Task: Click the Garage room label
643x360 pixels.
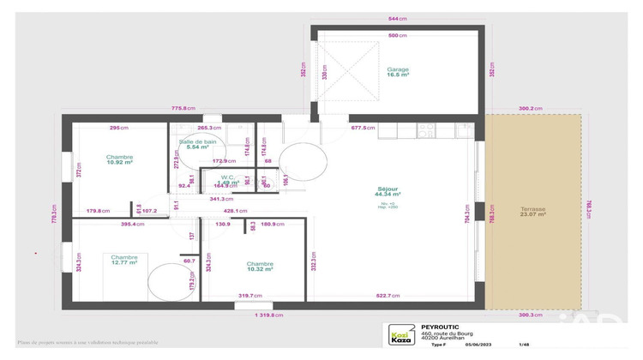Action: click(x=397, y=73)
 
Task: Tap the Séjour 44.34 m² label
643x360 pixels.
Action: click(x=388, y=191)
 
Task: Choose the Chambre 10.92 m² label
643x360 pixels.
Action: click(x=119, y=159)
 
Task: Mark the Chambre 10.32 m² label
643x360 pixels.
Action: click(x=259, y=266)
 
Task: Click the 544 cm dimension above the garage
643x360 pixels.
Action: click(x=397, y=18)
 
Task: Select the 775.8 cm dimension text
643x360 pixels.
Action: click(x=183, y=108)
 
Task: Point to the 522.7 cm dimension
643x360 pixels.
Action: click(x=388, y=296)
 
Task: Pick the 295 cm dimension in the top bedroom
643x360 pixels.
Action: click(x=118, y=128)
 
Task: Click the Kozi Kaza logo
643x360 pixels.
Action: click(x=398, y=336)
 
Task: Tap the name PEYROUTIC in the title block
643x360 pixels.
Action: click(x=441, y=327)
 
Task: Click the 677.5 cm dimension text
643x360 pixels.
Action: click(x=364, y=128)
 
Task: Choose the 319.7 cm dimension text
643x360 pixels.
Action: click(x=249, y=296)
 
